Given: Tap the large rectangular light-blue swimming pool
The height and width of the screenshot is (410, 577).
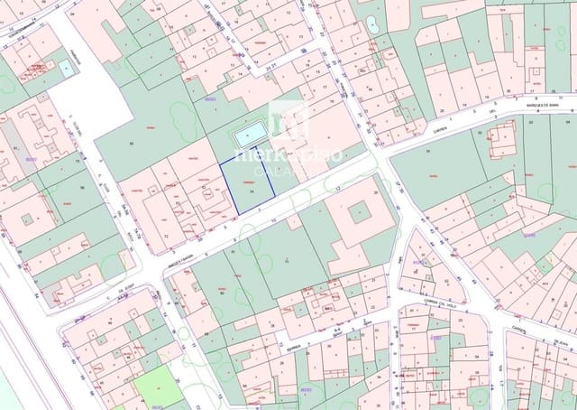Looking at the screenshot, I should [x=250, y=135].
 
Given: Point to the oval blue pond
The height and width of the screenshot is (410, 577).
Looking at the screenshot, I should [x=372, y=24].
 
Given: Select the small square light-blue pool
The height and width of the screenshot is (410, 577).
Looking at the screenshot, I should [x=66, y=67].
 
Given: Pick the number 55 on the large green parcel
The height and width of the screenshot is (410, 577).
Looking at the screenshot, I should [x=132, y=144].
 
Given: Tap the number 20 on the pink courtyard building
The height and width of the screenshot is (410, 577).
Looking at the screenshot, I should [x=376, y=192].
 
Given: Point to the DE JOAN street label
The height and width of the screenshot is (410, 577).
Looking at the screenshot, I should [x=561, y=344].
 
